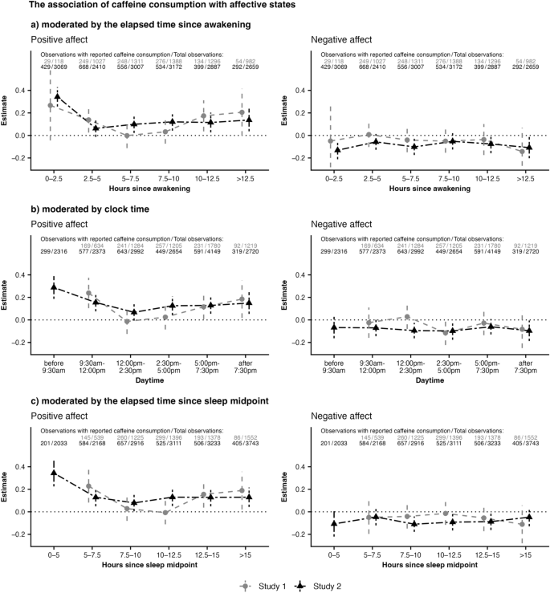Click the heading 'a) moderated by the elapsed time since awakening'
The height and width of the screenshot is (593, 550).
141,25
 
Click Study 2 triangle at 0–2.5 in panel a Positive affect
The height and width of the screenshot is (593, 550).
57,96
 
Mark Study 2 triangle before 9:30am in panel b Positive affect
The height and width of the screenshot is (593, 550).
54,286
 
